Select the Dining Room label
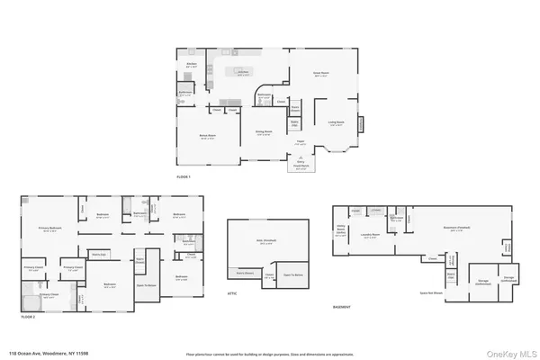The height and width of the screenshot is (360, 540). click(x=264, y=134)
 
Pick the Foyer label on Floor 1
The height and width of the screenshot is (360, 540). click(x=300, y=142)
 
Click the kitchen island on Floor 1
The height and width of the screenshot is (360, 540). click(x=242, y=70)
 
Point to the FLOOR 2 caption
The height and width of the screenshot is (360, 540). click(x=28, y=317)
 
